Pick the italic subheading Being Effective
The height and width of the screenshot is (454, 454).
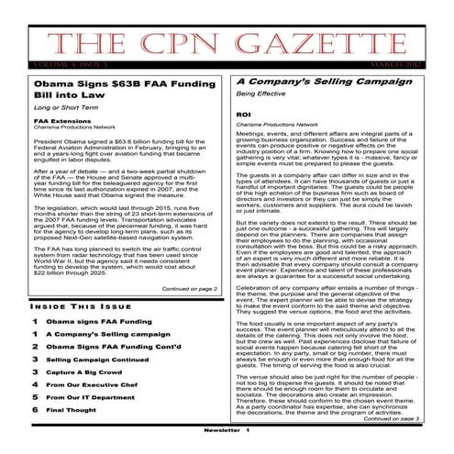260,95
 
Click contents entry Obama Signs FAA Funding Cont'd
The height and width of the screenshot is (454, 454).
114,347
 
